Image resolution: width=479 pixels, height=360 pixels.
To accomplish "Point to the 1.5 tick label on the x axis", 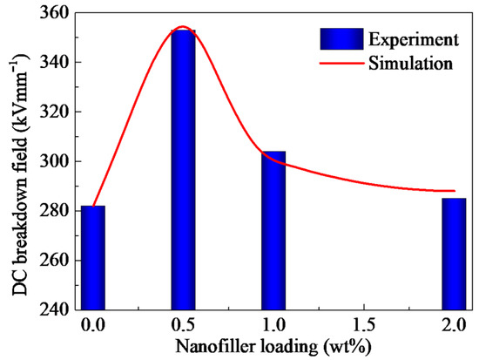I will pyautogui.click(x=363, y=324).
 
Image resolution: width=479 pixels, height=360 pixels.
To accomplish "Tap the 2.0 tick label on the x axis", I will pyautogui.click(x=454, y=324).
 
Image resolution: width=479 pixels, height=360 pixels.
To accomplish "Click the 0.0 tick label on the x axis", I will pyautogui.click(x=90, y=324).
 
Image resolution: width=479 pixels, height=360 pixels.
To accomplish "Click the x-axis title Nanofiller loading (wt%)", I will pyautogui.click(x=272, y=346).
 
